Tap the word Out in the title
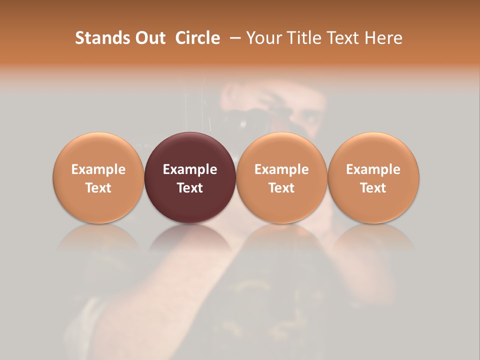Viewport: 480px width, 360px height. pos(149,38)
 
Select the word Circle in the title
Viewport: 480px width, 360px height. pos(197,38)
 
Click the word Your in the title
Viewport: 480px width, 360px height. pos(262,38)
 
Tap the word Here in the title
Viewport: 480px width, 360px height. pos(382,38)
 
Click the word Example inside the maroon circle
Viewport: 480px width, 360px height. pos(190,169)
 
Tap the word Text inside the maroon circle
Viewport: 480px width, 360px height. pos(190,188)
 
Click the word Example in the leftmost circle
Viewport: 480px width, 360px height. pos(98,169)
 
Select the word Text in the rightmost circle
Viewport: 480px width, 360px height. pos(373,188)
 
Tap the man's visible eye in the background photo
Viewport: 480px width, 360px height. pos(310,118)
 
